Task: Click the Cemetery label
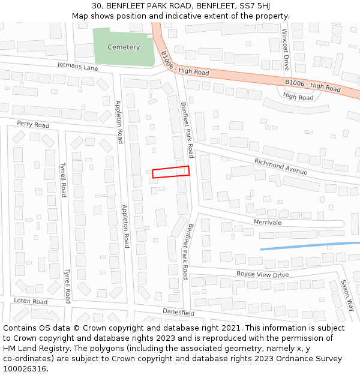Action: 123,47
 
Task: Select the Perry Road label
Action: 33,125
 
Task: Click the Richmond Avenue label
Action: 280,167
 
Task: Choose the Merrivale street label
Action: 267,222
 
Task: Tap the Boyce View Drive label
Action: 262,274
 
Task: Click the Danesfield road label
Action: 178,312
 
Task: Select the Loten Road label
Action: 31,301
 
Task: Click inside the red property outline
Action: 171,172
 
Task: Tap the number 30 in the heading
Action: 97,6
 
